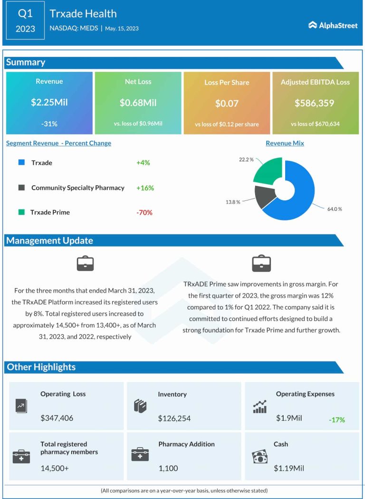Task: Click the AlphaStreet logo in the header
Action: (333, 25)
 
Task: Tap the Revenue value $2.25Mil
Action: (49, 103)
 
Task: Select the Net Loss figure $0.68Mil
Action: (138, 103)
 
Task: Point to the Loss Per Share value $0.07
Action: (227, 103)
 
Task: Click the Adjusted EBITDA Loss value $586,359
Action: (315, 103)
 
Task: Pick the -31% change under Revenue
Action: (49, 124)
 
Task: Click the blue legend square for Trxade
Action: (21, 162)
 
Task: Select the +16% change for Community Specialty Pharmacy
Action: (145, 188)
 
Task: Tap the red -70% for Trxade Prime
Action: (144, 213)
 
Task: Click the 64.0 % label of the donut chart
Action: (334, 209)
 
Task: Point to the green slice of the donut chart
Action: (268, 170)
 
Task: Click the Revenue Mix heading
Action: (285, 143)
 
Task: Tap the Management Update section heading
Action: (49, 241)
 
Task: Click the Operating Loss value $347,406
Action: (57, 418)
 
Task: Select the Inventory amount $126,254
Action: (174, 418)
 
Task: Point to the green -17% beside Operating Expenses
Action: (336, 420)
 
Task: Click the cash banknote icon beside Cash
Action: (259, 457)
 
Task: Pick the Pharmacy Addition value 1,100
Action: (168, 468)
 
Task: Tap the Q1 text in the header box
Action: (25, 14)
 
